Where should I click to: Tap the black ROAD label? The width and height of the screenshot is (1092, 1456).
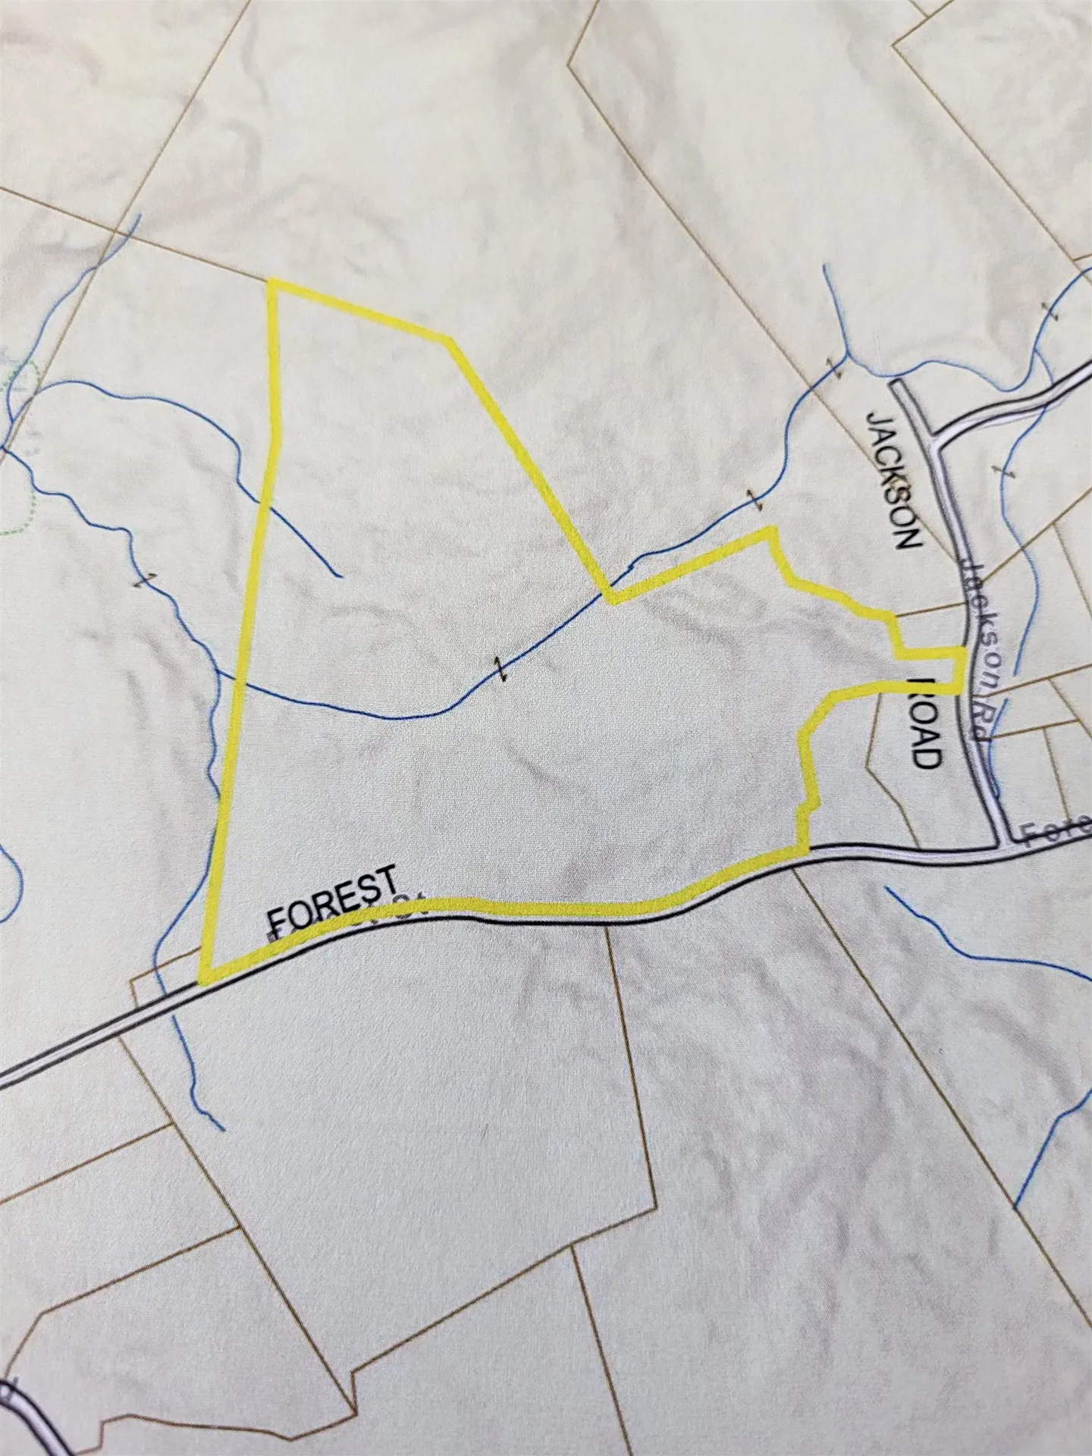tap(926, 720)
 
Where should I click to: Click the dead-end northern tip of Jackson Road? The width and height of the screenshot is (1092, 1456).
tap(899, 385)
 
